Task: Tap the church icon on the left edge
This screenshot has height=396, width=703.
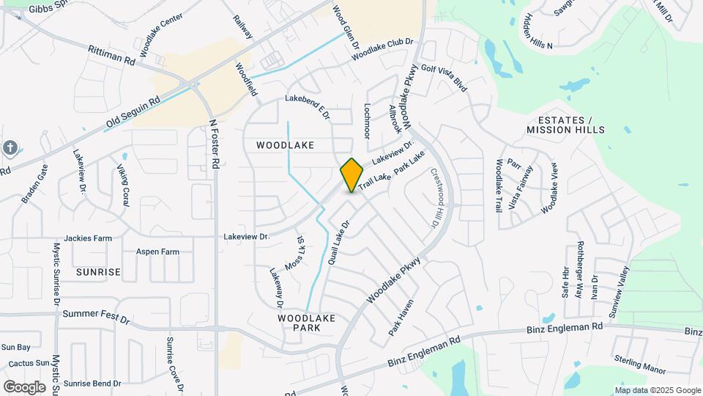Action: (x=10, y=148)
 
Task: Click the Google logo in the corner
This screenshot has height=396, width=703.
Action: (x=23, y=386)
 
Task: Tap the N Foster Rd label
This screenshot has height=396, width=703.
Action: (x=215, y=145)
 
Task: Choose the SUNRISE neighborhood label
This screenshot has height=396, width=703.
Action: (x=98, y=272)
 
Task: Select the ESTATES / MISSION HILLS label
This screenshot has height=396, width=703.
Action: (x=565, y=125)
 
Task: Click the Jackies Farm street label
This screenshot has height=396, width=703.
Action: (x=88, y=238)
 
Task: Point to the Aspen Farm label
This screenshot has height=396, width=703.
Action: (x=157, y=252)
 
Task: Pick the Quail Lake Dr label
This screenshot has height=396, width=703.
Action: (x=341, y=240)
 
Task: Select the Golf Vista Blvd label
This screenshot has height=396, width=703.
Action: (x=444, y=78)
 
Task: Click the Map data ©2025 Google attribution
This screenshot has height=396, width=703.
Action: (x=658, y=390)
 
